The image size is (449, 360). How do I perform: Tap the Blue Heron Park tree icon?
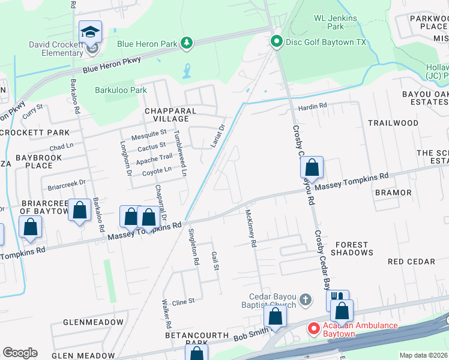187,43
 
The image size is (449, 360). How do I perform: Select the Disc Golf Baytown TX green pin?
276,42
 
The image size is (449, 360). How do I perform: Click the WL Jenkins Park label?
337,22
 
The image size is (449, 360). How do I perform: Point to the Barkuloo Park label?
121,91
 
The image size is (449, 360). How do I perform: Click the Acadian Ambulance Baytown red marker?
313,329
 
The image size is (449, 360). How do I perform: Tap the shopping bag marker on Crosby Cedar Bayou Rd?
312,168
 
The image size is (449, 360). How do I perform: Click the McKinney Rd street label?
252,229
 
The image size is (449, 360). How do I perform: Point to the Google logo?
20,352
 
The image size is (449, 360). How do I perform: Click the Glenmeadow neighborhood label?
87,322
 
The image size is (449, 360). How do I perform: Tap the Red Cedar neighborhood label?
412,262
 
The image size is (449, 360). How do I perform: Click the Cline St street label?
184,301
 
